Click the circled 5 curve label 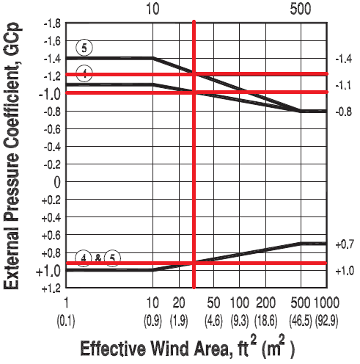coord(85,48)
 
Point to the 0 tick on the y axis coord(55,182)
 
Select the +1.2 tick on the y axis coord(49,288)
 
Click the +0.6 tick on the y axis coord(49,236)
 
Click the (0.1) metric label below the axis coord(67,321)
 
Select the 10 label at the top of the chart coord(153,9)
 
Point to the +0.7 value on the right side coord(343,243)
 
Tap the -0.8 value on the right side coord(343,112)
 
